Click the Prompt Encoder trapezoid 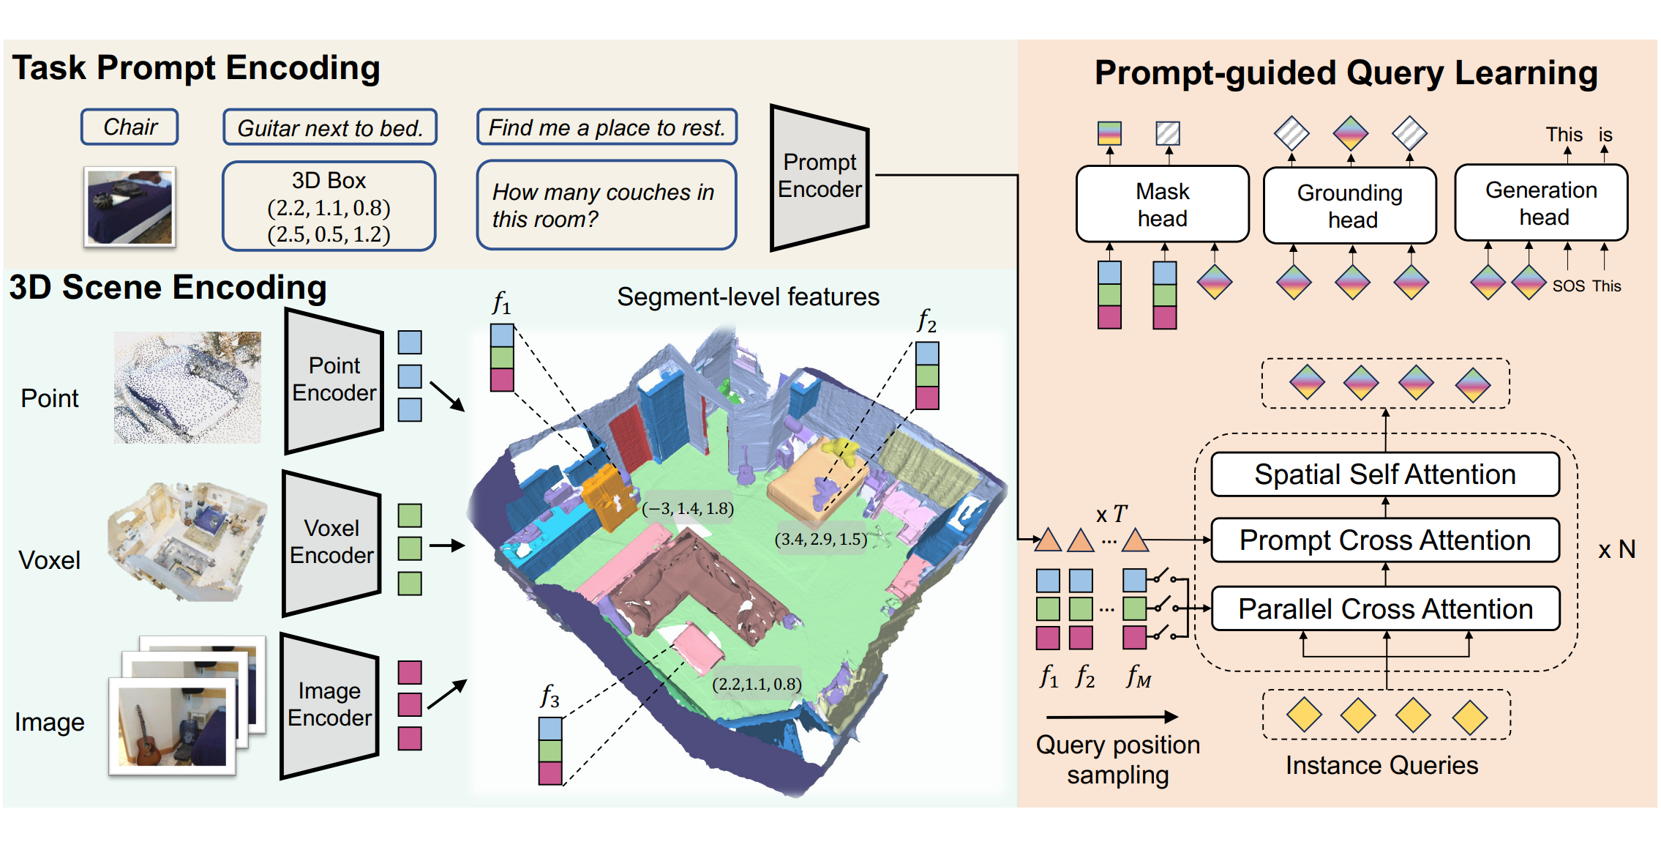tap(820, 176)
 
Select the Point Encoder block tap(334, 380)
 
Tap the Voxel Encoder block tap(332, 543)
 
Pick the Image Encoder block tap(330, 705)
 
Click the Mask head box tap(1163, 204)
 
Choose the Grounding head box tap(1350, 206)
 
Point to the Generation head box tap(1541, 203)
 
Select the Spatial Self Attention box tap(1385, 474)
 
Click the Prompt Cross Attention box tap(1385, 540)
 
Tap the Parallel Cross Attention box tap(1385, 608)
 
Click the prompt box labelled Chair tap(130, 127)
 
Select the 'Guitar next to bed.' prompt tap(330, 127)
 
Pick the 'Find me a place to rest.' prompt tap(607, 127)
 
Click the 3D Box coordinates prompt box tap(329, 206)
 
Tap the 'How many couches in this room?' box tap(607, 205)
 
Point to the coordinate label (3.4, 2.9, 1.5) tap(821, 540)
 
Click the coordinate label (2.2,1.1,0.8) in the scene tap(757, 684)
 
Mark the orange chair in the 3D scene tap(608, 496)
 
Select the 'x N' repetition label tap(1617, 549)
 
